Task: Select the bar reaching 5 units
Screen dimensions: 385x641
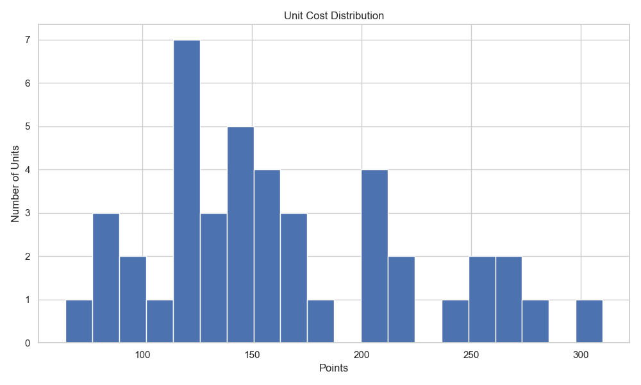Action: pos(240,235)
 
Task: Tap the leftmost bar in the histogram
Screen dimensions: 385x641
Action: pos(79,321)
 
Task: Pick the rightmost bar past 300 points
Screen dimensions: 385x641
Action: pos(589,321)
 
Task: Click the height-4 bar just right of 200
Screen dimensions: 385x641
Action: pos(374,256)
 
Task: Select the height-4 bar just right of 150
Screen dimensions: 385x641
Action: pos(267,256)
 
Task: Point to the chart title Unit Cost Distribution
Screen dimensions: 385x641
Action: pos(334,15)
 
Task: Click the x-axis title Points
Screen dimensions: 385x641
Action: pos(334,369)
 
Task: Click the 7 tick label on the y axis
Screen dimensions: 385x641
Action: pos(28,40)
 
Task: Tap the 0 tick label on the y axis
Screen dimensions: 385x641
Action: pos(28,343)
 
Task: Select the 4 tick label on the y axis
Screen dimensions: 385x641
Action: pos(28,170)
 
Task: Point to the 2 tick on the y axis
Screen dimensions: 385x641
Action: pos(28,257)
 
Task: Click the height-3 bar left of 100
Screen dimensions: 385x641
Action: pos(106,278)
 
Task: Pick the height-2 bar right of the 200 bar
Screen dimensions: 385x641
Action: pos(401,300)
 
